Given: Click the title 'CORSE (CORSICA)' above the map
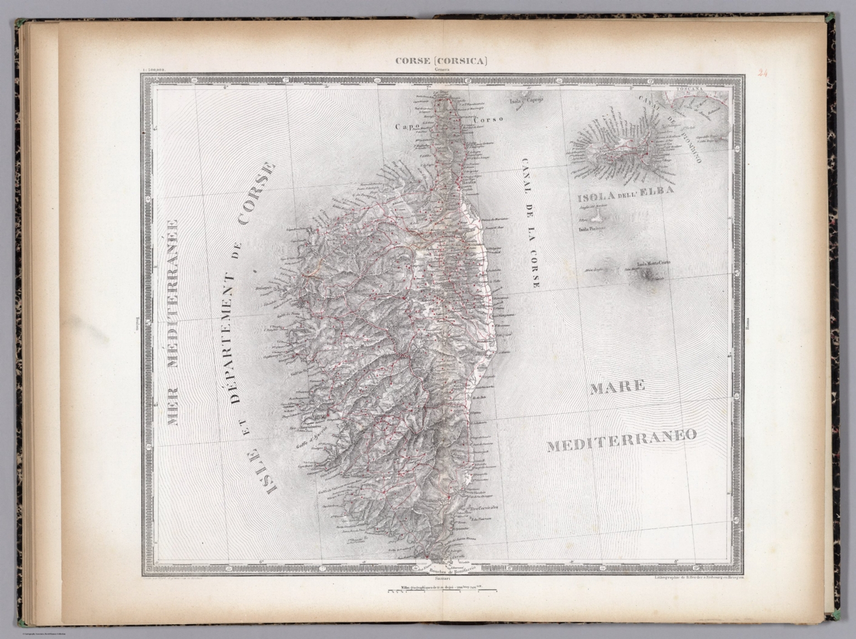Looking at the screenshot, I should pos(441,61).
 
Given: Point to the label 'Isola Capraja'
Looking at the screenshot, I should pos(527,101).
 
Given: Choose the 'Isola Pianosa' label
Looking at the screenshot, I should pos(592,228).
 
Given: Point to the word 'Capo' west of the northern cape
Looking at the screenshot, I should pos(406,127).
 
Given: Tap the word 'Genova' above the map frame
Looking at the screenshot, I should pos(441,70).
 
